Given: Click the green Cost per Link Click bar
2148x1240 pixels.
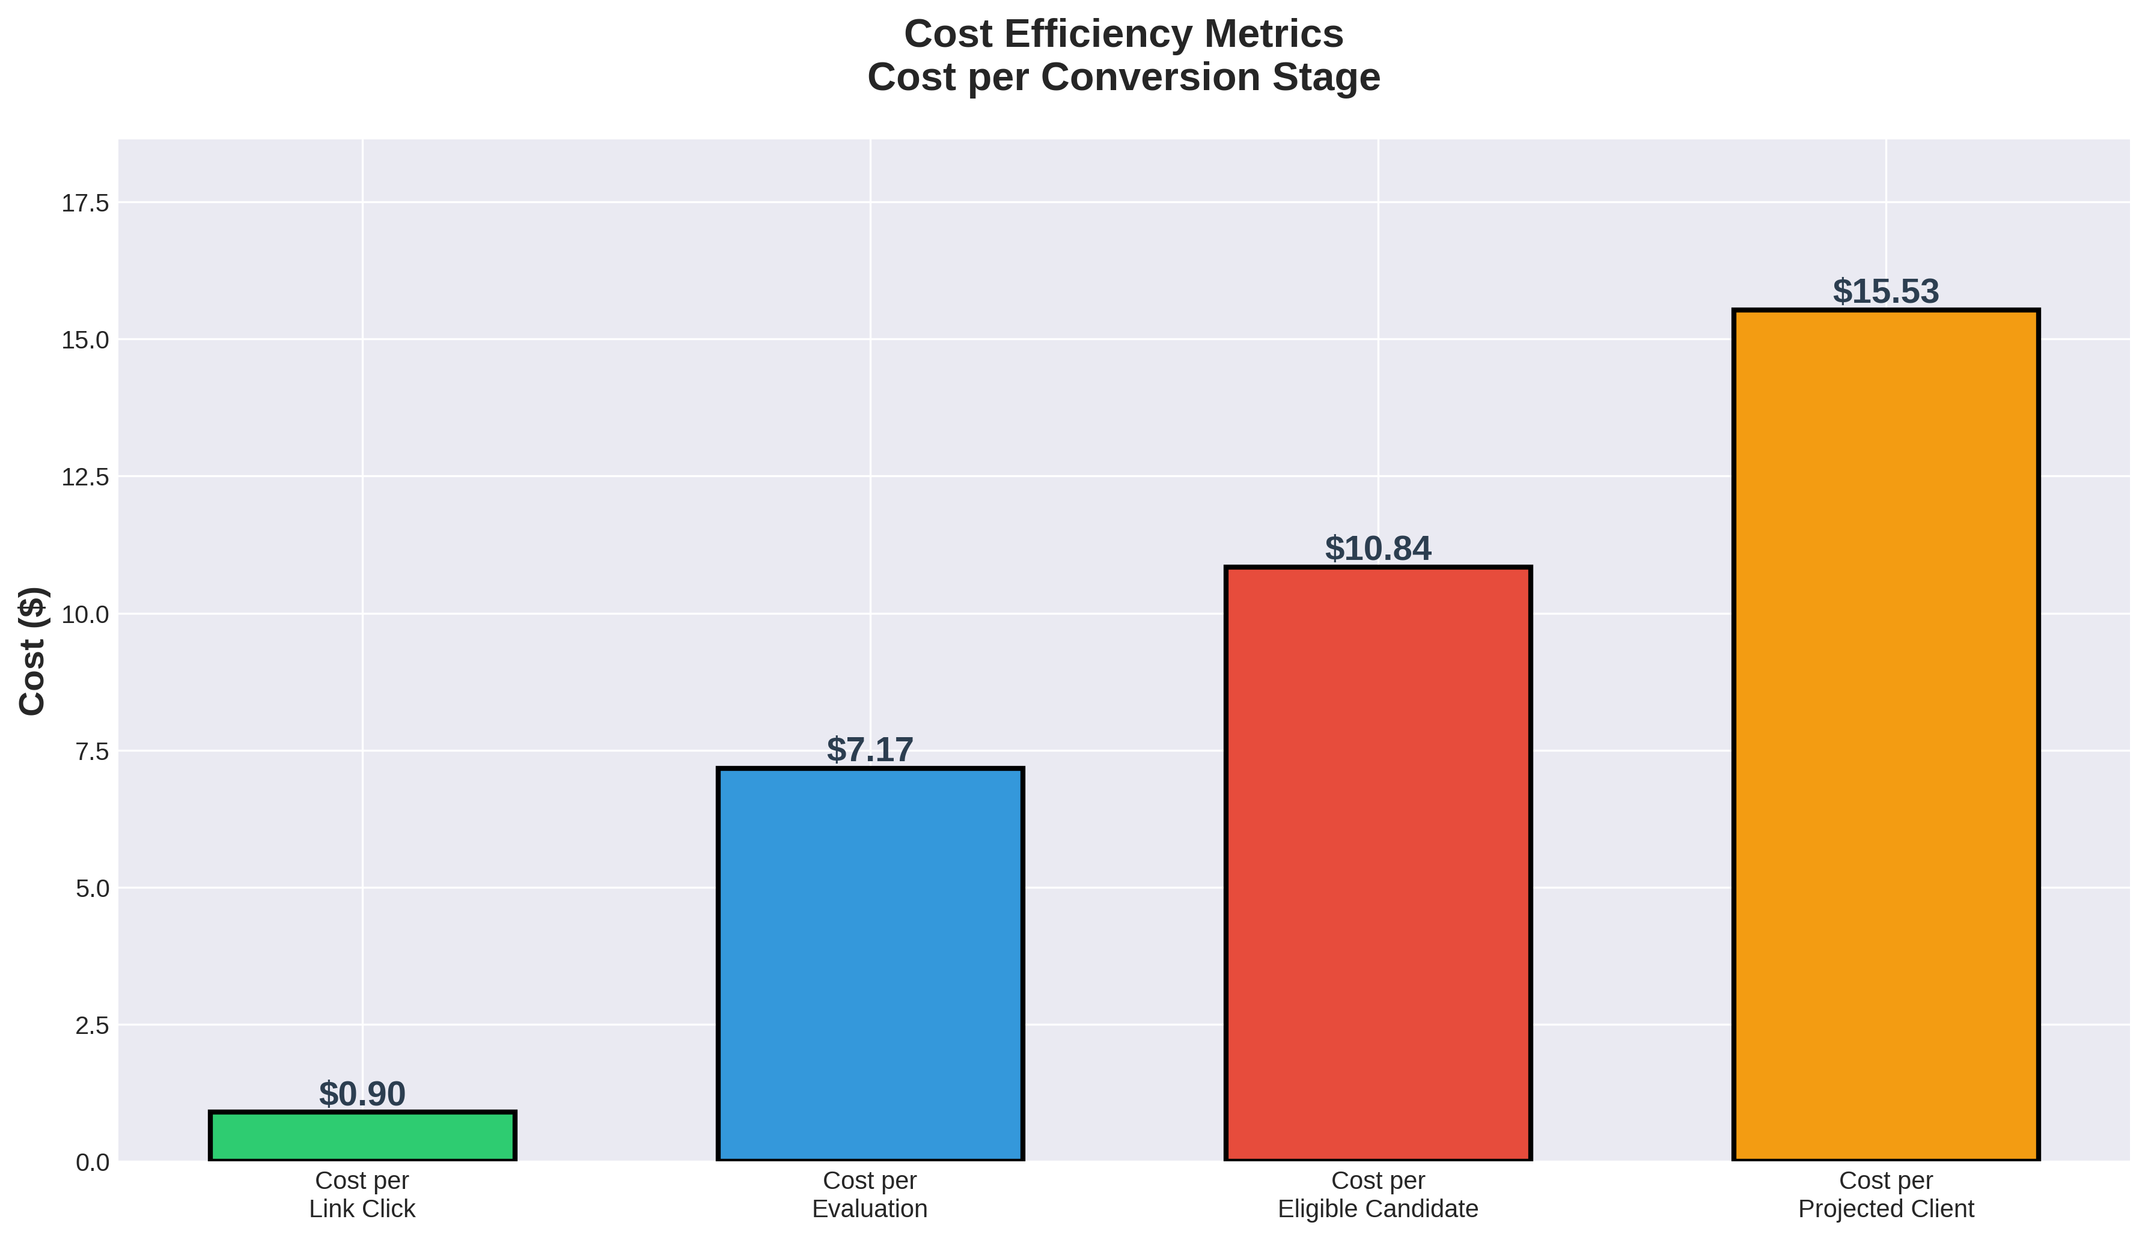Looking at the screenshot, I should click(362, 1136).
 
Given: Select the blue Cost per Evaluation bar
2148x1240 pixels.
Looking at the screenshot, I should click(870, 964).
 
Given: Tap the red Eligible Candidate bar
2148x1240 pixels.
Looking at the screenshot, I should click(1377, 863).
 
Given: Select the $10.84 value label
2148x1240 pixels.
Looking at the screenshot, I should click(1377, 549).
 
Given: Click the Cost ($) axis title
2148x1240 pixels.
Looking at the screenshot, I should click(32, 651).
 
